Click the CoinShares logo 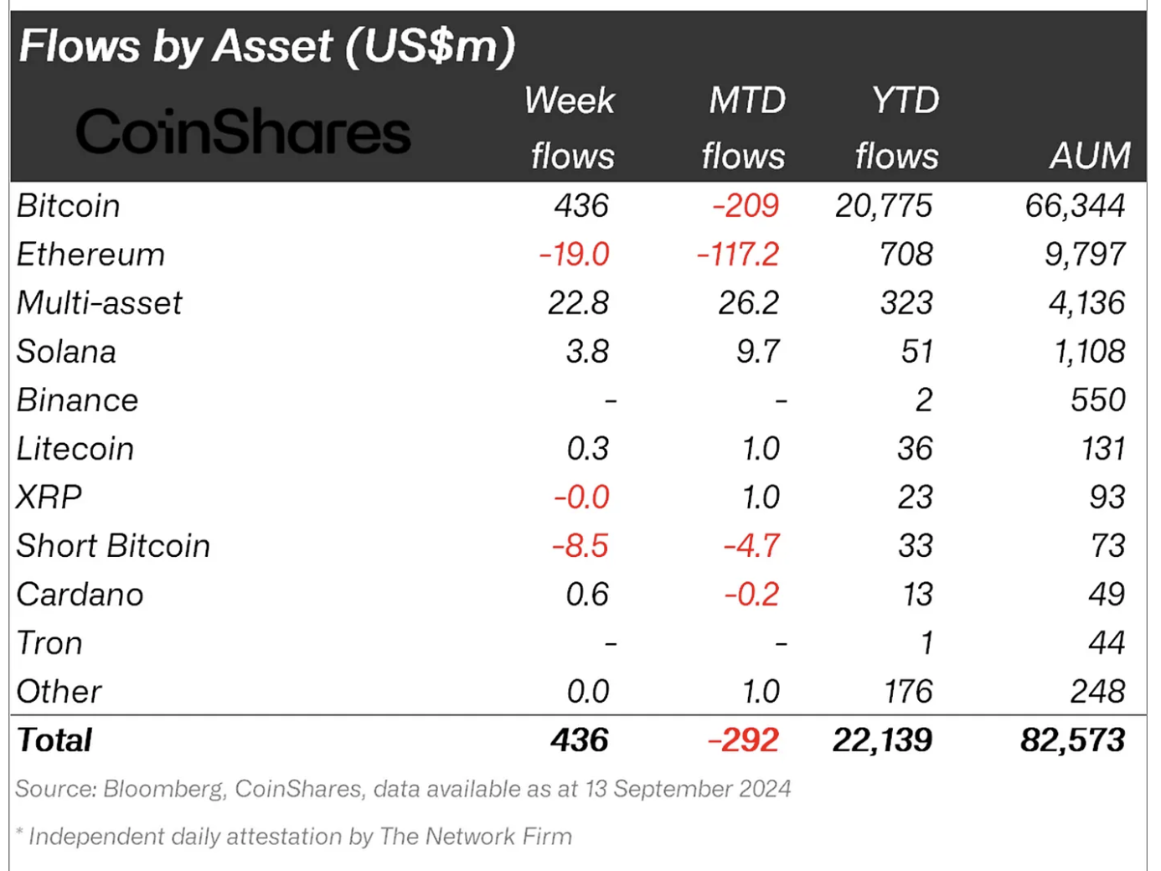243,131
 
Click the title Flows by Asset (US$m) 266,46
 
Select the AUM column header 1089,156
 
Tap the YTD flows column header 898,128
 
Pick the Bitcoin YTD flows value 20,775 883,206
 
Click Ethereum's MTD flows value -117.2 737,255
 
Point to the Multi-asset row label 99,303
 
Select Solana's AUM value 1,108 1089,352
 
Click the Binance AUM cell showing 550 1097,400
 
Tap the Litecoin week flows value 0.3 587,449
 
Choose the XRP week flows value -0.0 580,497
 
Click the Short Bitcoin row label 113,546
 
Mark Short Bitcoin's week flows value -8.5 580,546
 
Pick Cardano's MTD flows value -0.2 751,595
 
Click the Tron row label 49,643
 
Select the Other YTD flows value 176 908,692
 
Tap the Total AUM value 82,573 1072,740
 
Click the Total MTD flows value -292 743,740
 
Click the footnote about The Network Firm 293,836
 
